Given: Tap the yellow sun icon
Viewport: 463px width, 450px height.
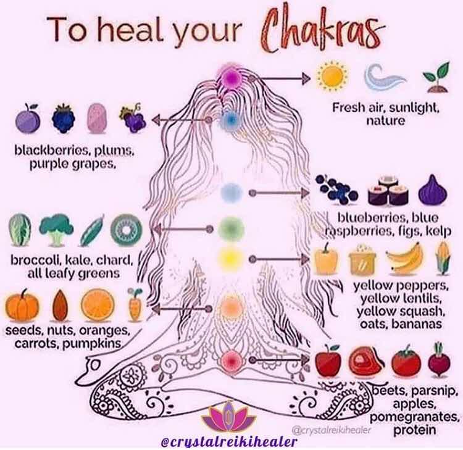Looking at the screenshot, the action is click(x=332, y=76).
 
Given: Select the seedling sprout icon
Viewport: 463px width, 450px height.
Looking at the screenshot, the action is click(x=436, y=77).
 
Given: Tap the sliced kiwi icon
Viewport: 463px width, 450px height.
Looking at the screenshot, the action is click(x=127, y=230).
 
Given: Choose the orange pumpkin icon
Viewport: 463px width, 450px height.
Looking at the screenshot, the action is click(x=22, y=306).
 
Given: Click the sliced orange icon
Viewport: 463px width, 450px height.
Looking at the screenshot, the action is click(x=98, y=305).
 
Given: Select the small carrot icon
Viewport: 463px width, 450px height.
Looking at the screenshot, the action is click(x=135, y=305).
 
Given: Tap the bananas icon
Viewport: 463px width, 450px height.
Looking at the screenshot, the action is click(x=405, y=259).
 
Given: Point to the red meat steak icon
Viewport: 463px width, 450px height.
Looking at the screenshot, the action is click(x=366, y=361).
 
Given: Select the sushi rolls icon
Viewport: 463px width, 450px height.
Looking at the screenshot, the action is click(x=388, y=191).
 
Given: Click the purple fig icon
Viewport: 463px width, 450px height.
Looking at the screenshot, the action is click(x=433, y=190).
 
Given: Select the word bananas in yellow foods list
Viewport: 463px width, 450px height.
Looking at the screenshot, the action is click(x=416, y=324).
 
